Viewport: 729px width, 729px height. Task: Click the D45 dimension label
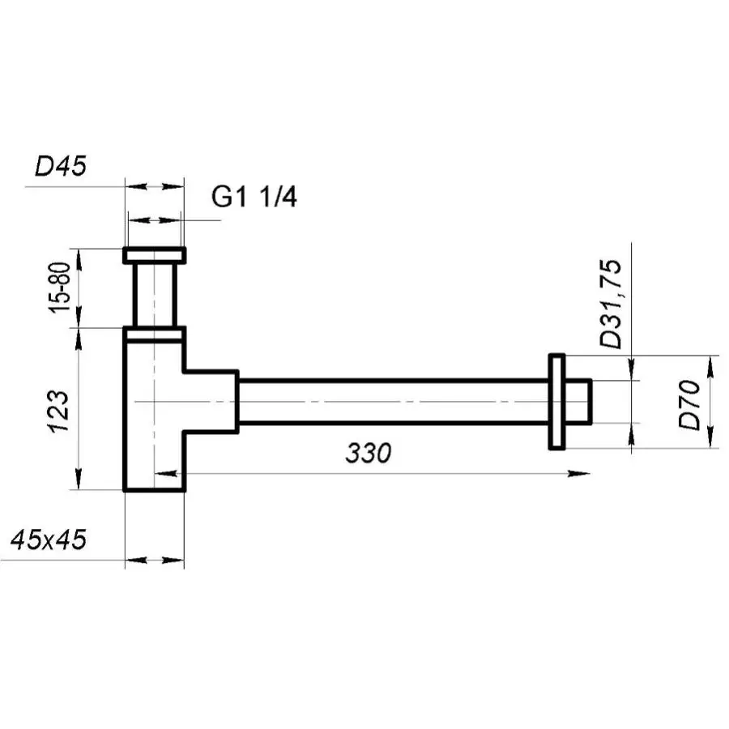[x=61, y=166]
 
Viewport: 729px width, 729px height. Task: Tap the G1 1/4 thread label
[x=254, y=197]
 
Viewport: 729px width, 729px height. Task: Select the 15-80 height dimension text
[x=60, y=288]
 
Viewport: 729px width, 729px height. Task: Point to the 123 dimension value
[x=59, y=411]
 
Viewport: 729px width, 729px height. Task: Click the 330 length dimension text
[x=369, y=453]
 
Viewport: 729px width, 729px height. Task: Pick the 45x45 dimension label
[x=49, y=539]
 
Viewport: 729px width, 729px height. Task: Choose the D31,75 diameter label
[x=611, y=304]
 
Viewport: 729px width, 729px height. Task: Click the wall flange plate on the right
[x=556, y=402]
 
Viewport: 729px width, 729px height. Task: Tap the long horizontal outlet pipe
[x=394, y=402]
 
